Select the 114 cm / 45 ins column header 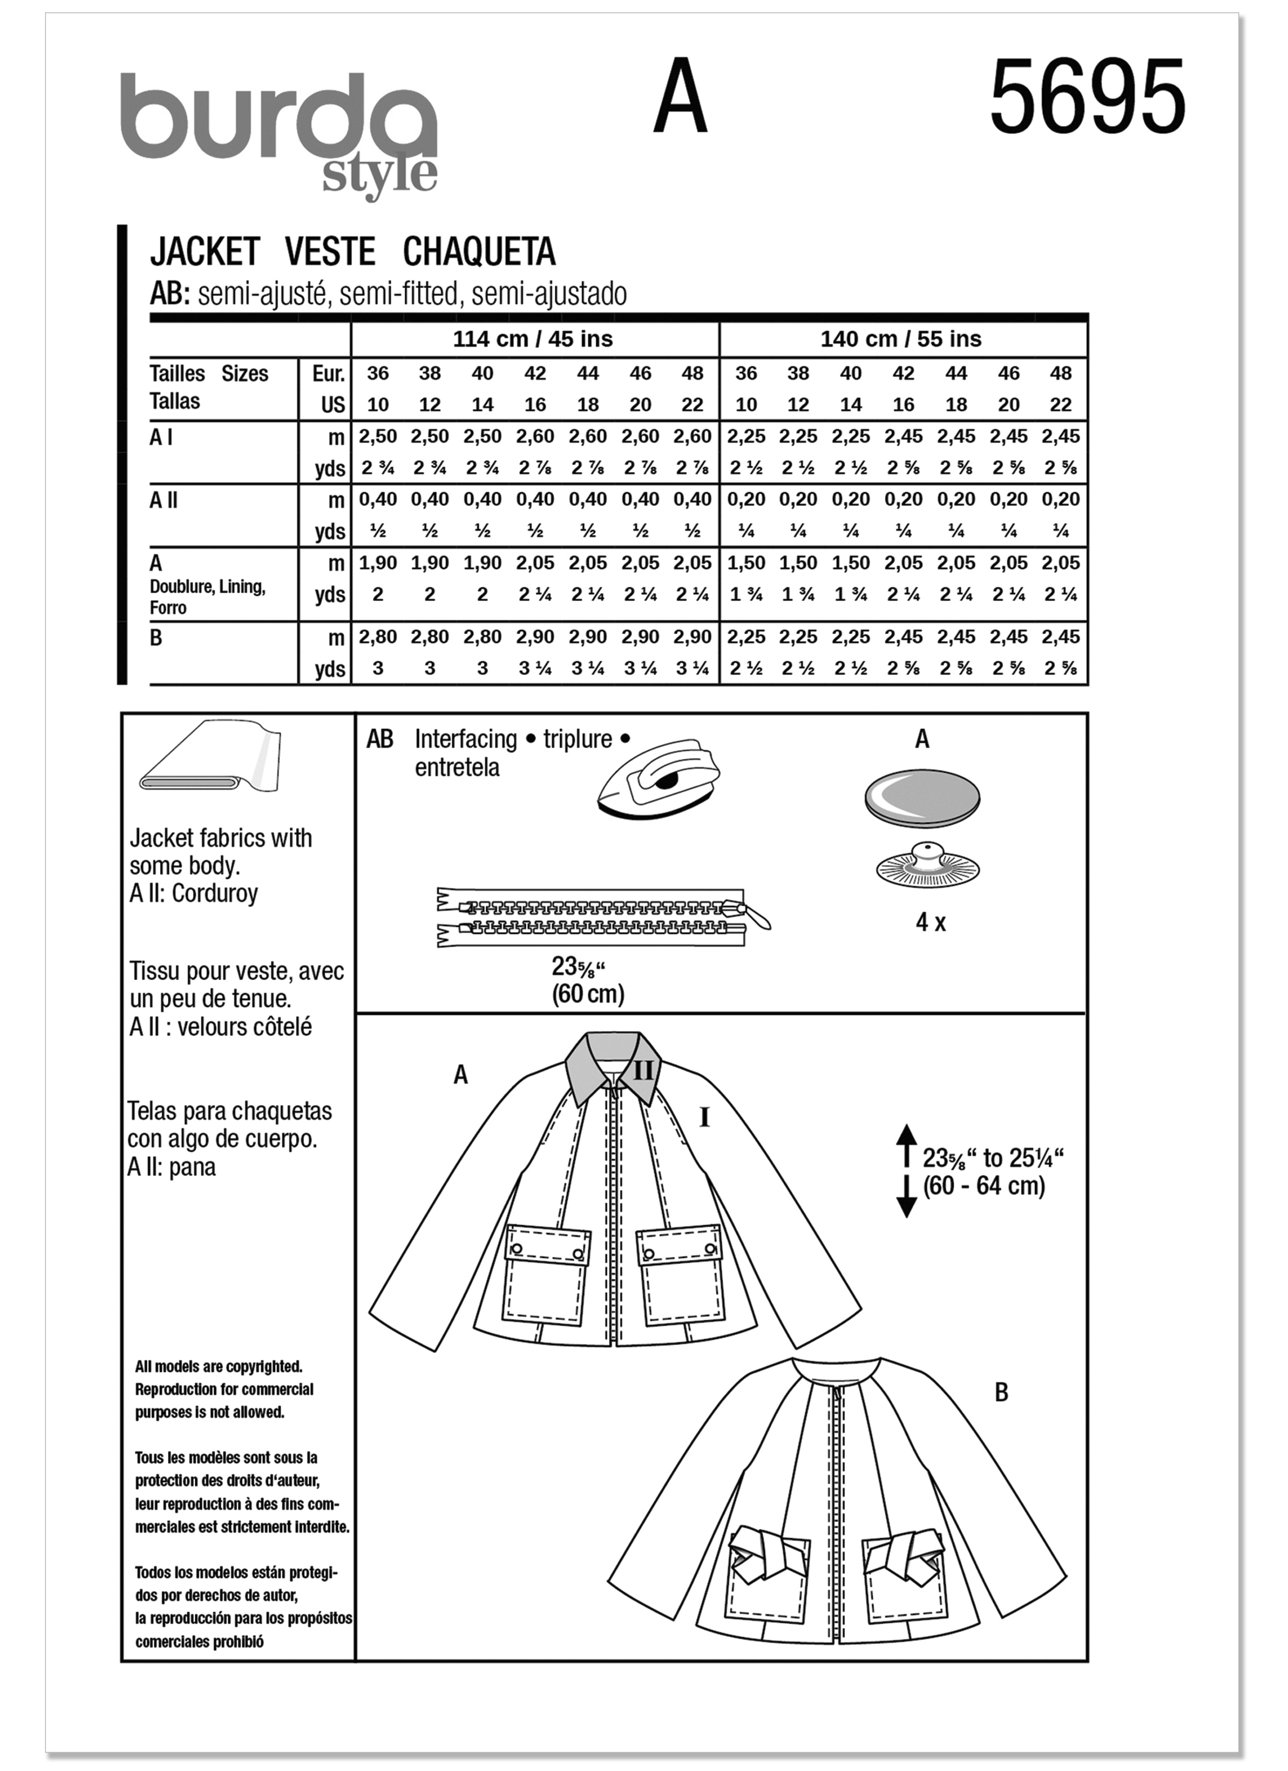(533, 339)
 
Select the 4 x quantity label (930, 923)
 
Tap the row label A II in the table (163, 500)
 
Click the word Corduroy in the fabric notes (214, 894)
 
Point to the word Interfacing (465, 738)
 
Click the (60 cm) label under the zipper (587, 994)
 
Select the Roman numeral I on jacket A (705, 1118)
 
